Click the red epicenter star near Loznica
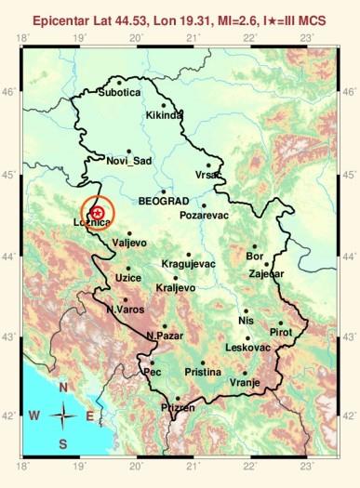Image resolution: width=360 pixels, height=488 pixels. pyautogui.click(x=98, y=213)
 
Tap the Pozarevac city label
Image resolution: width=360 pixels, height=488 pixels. pyautogui.click(x=204, y=216)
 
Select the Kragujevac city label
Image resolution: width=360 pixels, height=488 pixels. pyautogui.click(x=188, y=264)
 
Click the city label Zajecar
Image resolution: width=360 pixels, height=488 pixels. pyautogui.click(x=267, y=274)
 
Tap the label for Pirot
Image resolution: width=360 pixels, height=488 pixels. pyautogui.click(x=280, y=332)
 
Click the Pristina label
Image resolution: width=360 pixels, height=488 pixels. pyautogui.click(x=203, y=372)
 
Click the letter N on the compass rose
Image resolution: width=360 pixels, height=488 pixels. pyautogui.click(x=63, y=388)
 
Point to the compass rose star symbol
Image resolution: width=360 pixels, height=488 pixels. pyautogui.click(x=63, y=415)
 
